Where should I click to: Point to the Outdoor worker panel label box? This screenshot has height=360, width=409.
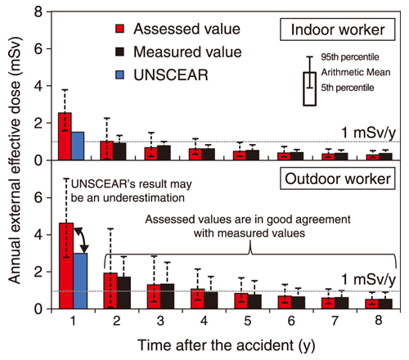344,177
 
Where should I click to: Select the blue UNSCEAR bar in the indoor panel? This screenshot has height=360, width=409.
78,146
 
